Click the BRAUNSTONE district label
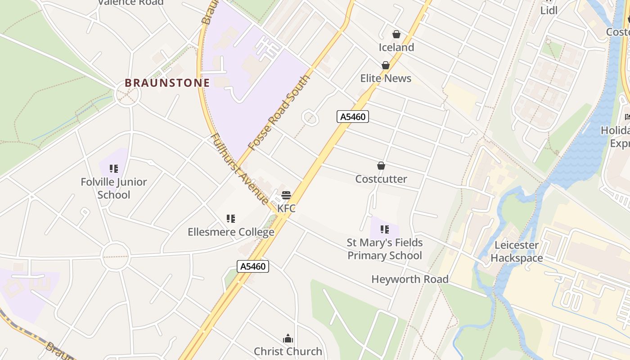coord(167,83)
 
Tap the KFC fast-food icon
coord(286,195)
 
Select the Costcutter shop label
coord(381,179)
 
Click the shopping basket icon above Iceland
coord(396,34)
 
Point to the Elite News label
coord(386,78)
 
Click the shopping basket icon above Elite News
coord(386,65)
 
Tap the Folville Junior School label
coord(114,189)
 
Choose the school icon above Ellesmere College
coord(231,219)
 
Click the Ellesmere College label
coord(231,232)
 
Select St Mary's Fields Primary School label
coord(385,249)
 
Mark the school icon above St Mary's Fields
coord(385,229)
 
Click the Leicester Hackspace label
coord(517,252)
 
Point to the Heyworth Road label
coord(410,279)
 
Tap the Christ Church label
coord(288,351)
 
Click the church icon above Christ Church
coord(288,338)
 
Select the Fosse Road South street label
coord(279,112)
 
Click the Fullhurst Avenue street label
coord(240,169)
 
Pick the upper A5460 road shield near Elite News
coord(353,117)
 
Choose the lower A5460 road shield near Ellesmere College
coord(253,266)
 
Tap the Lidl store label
coord(549,10)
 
